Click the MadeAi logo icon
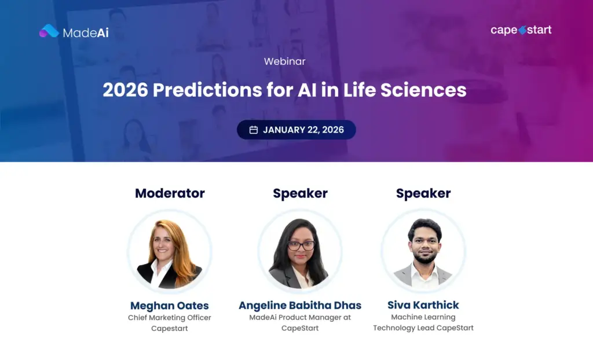49,31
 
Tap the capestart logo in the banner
521,30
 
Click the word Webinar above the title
284,61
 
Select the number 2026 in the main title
125,90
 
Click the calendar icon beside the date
253,130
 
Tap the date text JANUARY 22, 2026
303,130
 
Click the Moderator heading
170,193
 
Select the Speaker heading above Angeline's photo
300,193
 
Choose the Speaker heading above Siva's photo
423,193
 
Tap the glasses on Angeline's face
301,245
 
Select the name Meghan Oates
170,306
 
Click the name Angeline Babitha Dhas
300,306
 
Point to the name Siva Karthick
423,305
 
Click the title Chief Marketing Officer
170,318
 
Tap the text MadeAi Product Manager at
300,318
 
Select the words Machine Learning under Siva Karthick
423,317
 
